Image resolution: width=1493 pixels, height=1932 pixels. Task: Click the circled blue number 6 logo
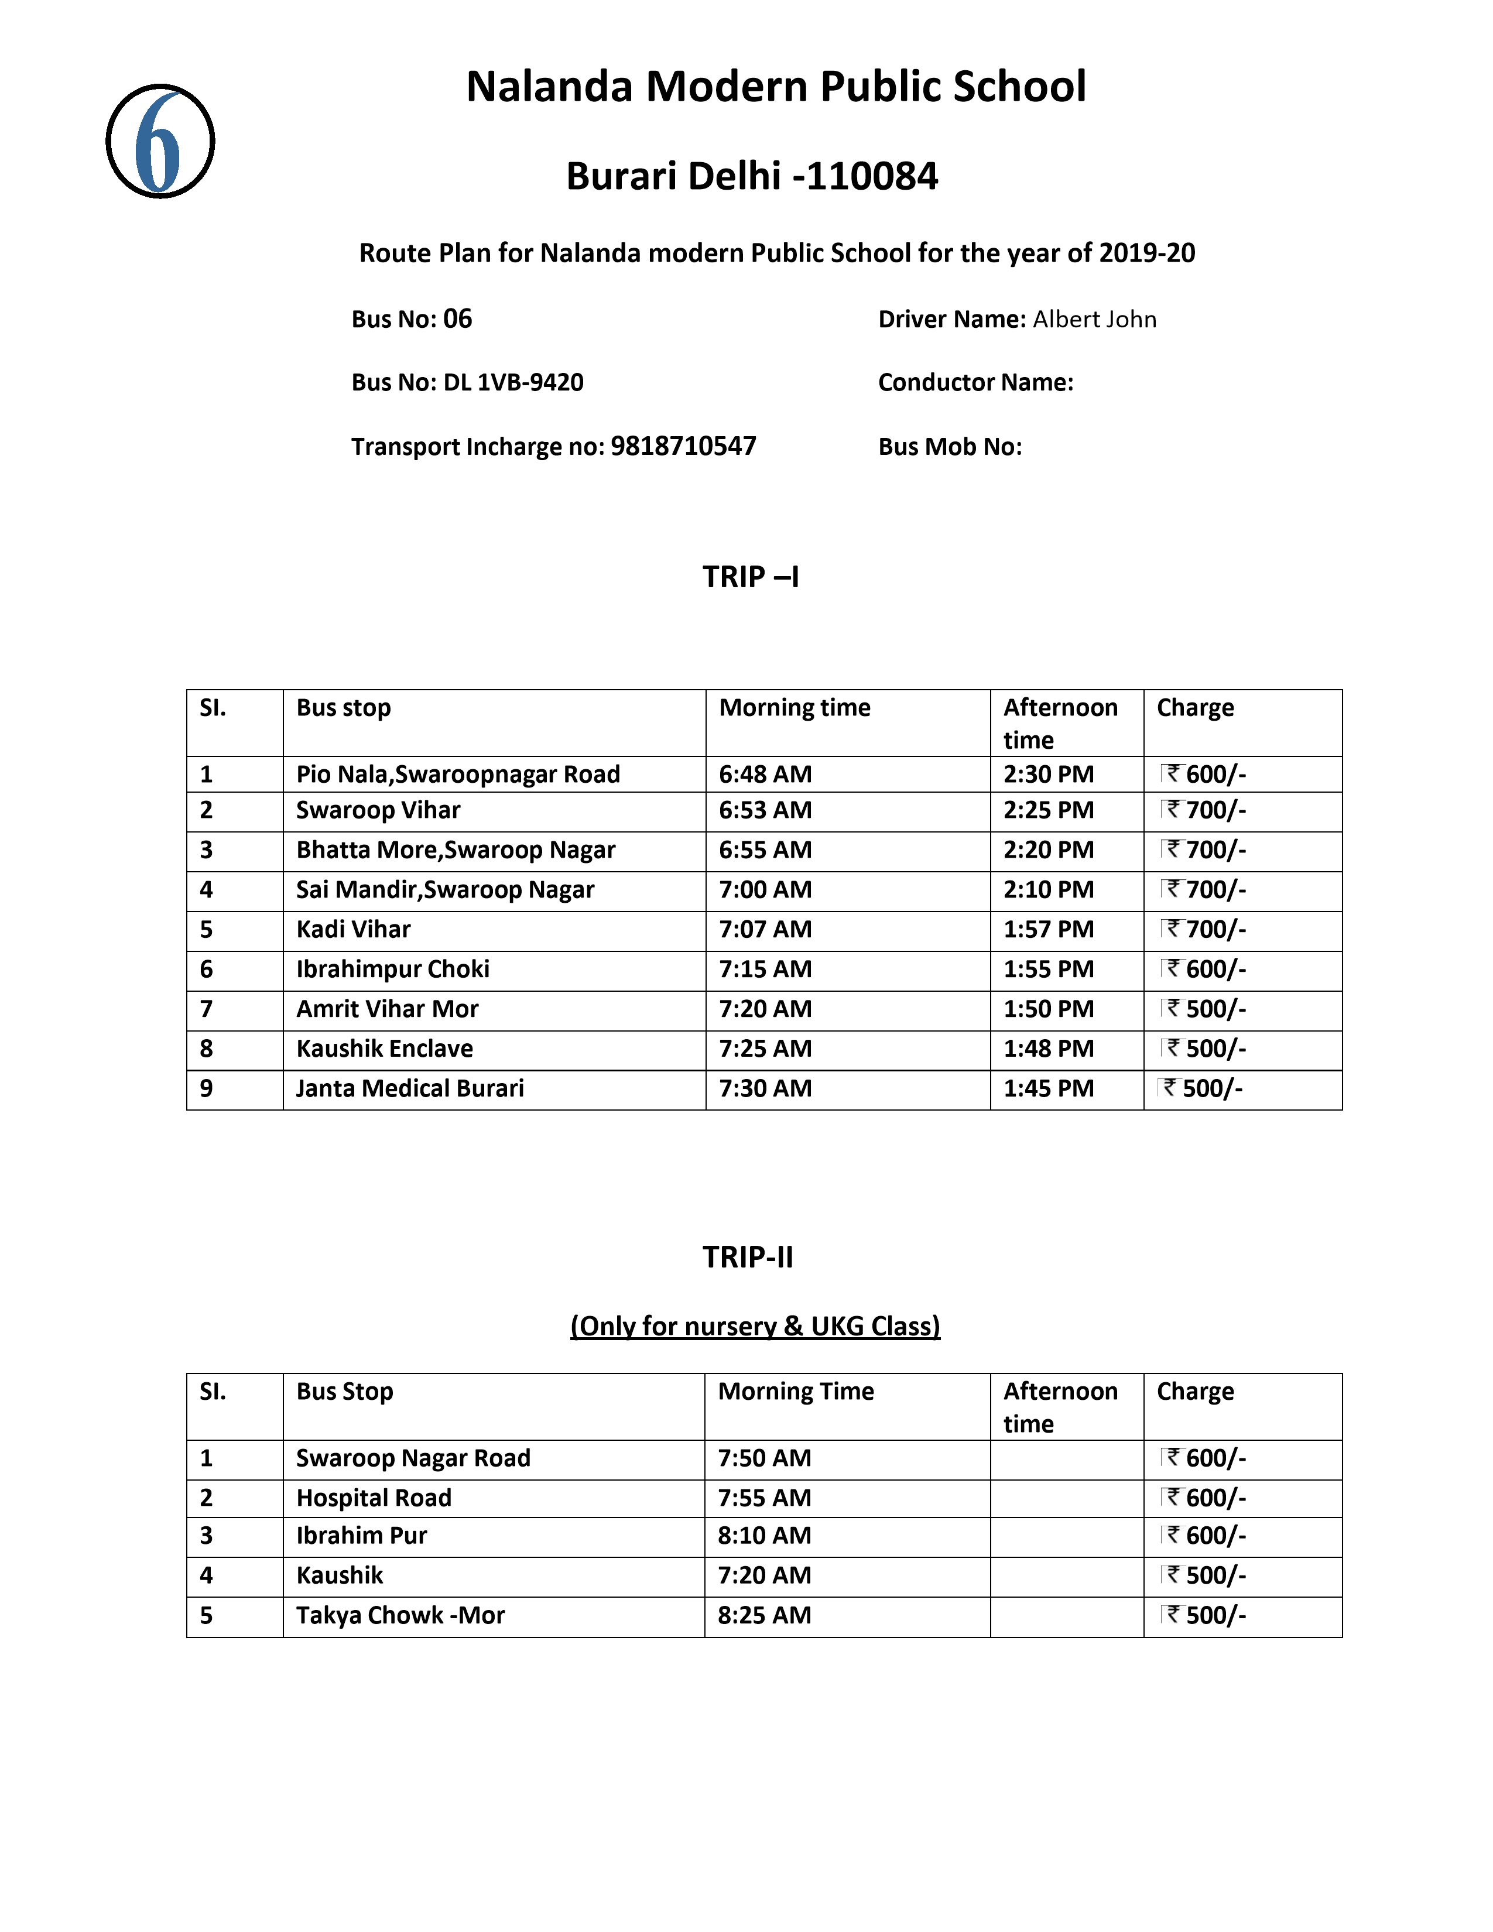click(160, 142)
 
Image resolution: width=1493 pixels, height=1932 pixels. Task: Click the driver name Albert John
click(1094, 319)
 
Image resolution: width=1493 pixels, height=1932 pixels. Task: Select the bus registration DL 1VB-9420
click(513, 382)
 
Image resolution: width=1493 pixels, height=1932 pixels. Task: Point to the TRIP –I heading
click(751, 577)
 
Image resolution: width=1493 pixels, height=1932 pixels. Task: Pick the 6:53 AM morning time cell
click(765, 810)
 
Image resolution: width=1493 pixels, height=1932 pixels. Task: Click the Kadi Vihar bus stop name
click(353, 929)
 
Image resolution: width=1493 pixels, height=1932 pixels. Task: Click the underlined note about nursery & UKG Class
click(755, 1326)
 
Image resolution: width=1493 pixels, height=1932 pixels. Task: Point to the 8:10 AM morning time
click(764, 1536)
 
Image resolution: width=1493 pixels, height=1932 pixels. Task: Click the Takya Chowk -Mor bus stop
click(400, 1615)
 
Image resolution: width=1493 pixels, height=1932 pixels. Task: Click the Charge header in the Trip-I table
click(1195, 708)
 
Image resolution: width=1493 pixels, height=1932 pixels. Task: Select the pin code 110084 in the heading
click(871, 176)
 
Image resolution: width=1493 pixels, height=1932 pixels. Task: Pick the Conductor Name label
click(975, 382)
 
